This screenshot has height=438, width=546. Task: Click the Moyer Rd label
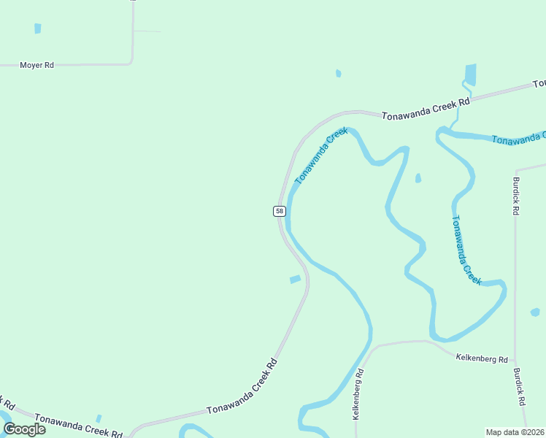36,66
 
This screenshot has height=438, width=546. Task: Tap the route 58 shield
279,211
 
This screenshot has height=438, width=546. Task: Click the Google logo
24,429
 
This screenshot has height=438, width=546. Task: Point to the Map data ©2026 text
515,432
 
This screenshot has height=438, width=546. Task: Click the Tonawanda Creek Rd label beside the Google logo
78,426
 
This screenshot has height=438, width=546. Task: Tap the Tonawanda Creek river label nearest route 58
320,155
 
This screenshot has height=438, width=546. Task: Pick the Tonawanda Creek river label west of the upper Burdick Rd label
466,250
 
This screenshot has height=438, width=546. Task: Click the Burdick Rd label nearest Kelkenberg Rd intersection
519,386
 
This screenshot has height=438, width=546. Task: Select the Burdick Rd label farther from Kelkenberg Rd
515,196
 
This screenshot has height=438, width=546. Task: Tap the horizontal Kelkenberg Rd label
481,358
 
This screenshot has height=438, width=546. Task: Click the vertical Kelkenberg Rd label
358,393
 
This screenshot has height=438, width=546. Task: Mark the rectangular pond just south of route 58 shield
295,280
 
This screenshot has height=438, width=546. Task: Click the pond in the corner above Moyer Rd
37,28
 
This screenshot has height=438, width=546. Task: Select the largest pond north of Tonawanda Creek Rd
470,74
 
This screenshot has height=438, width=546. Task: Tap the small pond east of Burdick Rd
535,312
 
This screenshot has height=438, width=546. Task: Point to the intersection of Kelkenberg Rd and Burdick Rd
515,363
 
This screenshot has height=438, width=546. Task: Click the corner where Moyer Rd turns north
131,62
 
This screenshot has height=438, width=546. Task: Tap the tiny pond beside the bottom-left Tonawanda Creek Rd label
99,418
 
